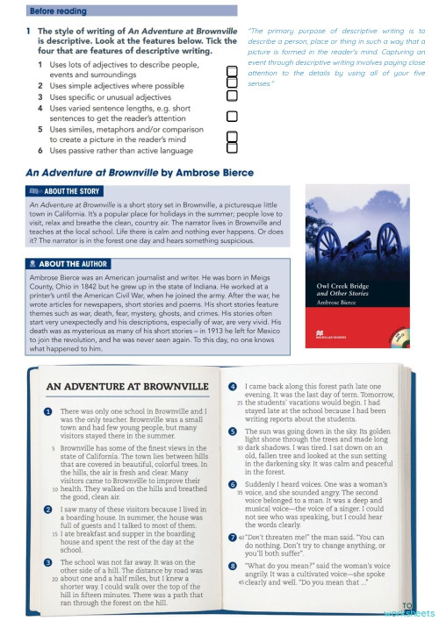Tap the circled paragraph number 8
[x=232, y=567]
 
